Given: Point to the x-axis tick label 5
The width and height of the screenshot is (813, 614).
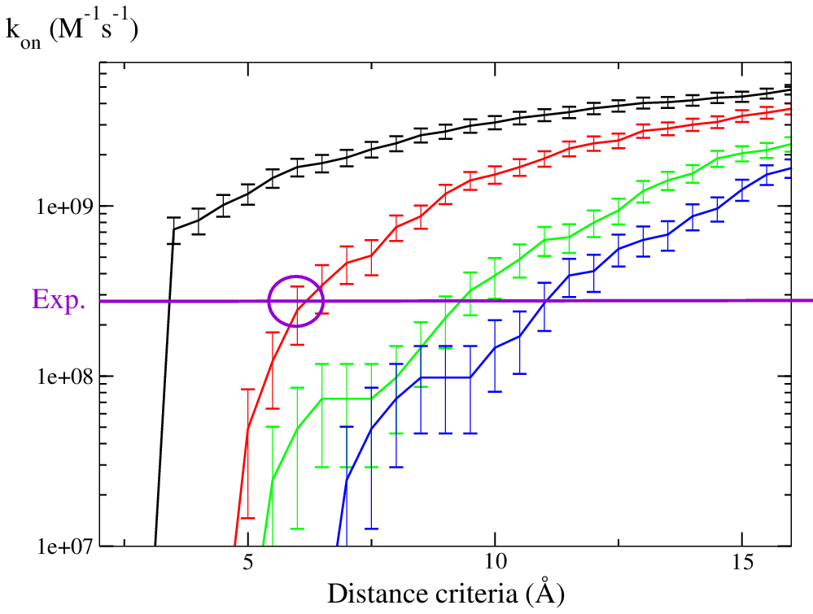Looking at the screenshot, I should [x=248, y=564].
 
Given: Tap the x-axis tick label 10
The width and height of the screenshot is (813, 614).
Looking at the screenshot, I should [x=495, y=564].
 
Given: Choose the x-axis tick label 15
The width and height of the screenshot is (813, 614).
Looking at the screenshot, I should [x=742, y=564].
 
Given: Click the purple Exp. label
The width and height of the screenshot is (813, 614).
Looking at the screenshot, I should [x=59, y=299].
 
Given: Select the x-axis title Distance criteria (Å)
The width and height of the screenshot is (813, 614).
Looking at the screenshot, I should [x=444, y=593].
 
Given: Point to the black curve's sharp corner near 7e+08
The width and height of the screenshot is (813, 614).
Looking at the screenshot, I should [x=173, y=229].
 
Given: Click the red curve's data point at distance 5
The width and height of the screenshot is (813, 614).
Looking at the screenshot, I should [x=247, y=428].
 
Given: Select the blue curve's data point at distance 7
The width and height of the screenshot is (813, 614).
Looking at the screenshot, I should [x=347, y=481].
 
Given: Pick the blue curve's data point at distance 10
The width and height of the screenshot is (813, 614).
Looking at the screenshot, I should [x=495, y=348].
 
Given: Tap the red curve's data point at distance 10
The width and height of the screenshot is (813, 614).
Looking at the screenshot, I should [x=495, y=173].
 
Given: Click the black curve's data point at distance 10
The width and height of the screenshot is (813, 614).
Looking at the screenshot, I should [x=495, y=123].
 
